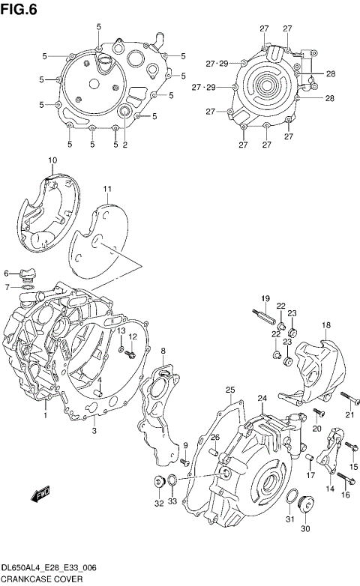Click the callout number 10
click(x=52, y=160)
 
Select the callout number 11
click(x=107, y=188)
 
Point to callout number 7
click(x=7, y=287)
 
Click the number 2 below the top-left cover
click(x=124, y=145)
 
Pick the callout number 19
click(x=265, y=300)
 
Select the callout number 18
click(x=326, y=324)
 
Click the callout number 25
click(x=230, y=389)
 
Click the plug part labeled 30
click(x=305, y=504)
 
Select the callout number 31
click(x=289, y=521)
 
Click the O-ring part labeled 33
click(x=172, y=480)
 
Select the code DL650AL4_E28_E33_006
click(x=52, y=567)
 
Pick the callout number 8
click(x=163, y=351)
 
